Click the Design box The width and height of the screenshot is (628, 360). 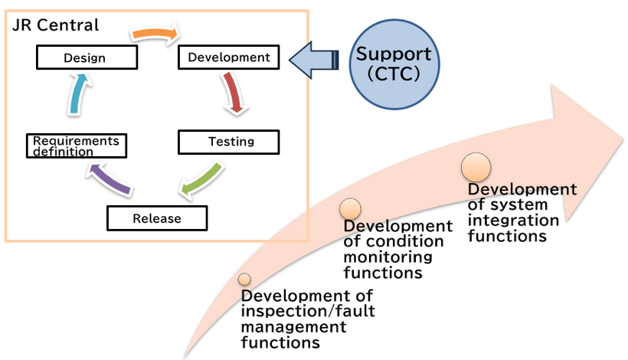[86, 57]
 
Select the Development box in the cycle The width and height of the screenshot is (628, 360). [228, 57]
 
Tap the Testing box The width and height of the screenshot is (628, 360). [228, 142]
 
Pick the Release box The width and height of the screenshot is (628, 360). [157, 218]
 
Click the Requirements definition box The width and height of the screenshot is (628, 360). [76, 146]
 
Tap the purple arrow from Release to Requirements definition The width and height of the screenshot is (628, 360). [110, 182]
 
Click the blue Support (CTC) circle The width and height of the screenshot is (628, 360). [394, 63]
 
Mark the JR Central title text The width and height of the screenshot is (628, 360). [55, 25]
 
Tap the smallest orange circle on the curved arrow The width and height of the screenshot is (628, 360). [244, 280]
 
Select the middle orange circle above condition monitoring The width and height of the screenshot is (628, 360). [350, 208]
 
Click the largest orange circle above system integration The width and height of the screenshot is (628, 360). [476, 167]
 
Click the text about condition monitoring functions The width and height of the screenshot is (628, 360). [397, 249]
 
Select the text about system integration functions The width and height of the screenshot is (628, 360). [522, 212]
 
